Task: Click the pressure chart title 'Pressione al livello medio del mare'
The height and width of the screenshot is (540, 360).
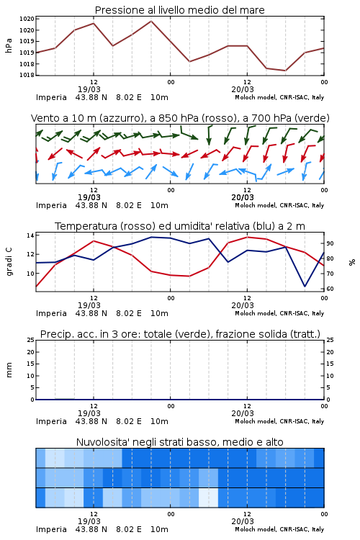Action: pos(179,10)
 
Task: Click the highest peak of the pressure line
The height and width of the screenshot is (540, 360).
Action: pos(151,21)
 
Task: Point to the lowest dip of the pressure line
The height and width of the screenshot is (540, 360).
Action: pos(285,71)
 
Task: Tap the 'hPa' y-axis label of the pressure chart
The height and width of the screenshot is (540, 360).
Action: pos(9,46)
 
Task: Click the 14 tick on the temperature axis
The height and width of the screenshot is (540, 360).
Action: pos(30,235)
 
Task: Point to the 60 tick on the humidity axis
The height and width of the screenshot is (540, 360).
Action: pos(330,289)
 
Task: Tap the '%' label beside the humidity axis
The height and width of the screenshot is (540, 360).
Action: pos(352,262)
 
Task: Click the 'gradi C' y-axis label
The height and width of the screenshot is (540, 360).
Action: pos(9,262)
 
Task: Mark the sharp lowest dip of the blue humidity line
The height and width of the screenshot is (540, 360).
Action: pos(305,286)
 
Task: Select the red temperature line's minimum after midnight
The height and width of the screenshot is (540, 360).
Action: pos(189,276)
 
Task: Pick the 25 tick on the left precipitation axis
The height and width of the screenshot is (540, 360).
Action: pos(30,340)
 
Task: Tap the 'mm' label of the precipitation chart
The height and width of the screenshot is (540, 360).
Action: pos(9,370)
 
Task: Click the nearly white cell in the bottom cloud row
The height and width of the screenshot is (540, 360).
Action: pos(208,498)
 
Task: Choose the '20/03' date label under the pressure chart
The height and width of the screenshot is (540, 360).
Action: pos(243,89)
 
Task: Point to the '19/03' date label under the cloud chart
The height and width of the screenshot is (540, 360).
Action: pos(89,521)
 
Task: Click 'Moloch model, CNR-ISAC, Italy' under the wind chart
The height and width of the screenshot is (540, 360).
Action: pos(279,205)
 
